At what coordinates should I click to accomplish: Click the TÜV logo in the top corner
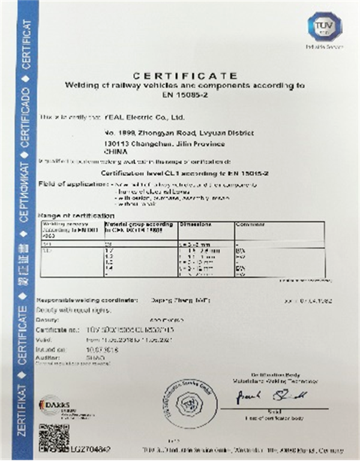pyautogui.click(x=324, y=26)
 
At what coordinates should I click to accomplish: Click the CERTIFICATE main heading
pyautogui.click(x=185, y=76)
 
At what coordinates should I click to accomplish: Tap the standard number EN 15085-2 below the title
pyautogui.click(x=185, y=95)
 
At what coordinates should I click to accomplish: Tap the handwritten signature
pyautogui.click(x=269, y=395)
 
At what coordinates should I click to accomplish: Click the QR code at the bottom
pyautogui.click(x=53, y=436)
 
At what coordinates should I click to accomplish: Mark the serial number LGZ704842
pyautogui.click(x=91, y=447)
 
